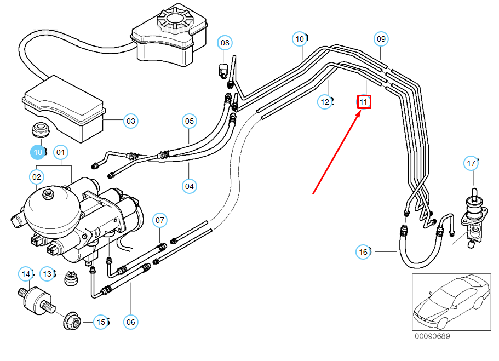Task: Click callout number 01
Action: [60, 152]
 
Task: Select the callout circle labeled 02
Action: [37, 176]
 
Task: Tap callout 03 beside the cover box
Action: [130, 121]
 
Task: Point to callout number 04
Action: [189, 186]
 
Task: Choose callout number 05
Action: [189, 121]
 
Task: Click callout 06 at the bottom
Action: [130, 322]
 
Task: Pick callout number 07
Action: [159, 221]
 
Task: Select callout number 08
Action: [225, 42]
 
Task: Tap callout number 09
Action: [381, 39]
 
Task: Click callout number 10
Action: [300, 39]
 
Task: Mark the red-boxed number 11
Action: [364, 102]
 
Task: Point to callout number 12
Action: [325, 101]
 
